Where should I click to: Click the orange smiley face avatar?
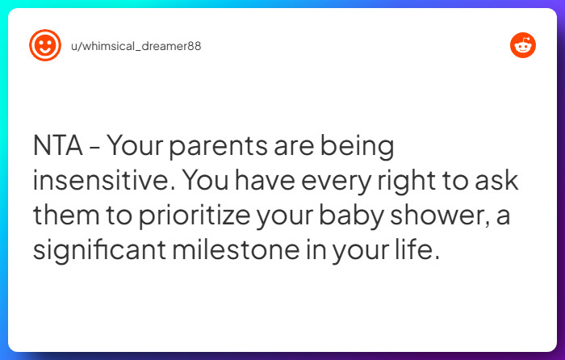(x=45, y=46)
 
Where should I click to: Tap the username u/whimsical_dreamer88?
(x=136, y=46)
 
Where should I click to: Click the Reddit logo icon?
(x=523, y=46)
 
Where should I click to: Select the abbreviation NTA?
(x=57, y=147)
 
